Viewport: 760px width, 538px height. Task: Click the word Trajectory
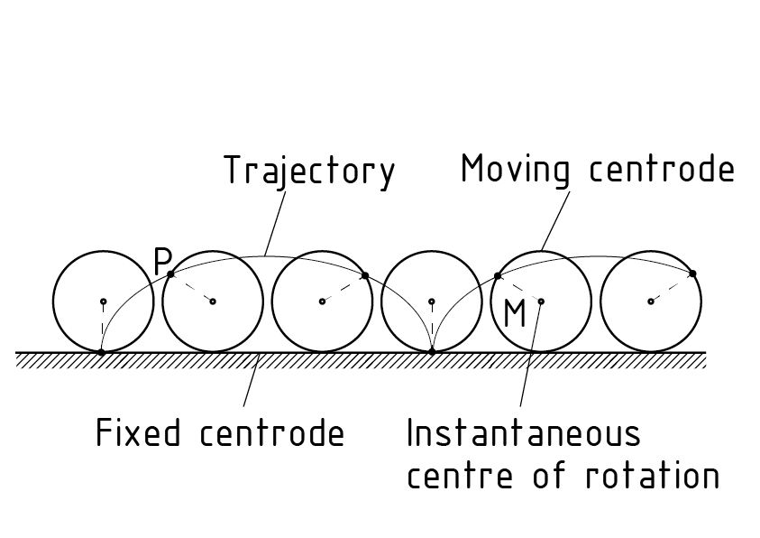pyautogui.click(x=309, y=171)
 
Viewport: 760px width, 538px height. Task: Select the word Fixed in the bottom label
pyautogui.click(x=131, y=433)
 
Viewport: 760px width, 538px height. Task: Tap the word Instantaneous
pyautogui.click(x=523, y=433)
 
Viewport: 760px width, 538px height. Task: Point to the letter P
pyautogui.click(x=162, y=262)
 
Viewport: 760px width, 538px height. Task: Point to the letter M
pyautogui.click(x=515, y=314)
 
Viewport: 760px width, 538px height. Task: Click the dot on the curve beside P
pyautogui.click(x=171, y=273)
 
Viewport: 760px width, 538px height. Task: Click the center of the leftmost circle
pyautogui.click(x=103, y=301)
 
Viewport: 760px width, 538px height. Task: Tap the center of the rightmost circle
pyautogui.click(x=650, y=301)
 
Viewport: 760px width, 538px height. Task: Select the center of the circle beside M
pyautogui.click(x=541, y=301)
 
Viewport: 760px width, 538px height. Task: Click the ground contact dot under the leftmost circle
pyautogui.click(x=101, y=351)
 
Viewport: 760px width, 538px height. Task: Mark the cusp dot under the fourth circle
pyautogui.click(x=432, y=350)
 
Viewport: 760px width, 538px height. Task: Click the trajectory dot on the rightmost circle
pyautogui.click(x=692, y=273)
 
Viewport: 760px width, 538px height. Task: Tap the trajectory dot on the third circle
pyautogui.click(x=365, y=274)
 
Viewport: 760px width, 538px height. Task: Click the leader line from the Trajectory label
pyautogui.click(x=277, y=221)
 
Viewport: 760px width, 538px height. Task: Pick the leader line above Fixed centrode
pyautogui.click(x=252, y=384)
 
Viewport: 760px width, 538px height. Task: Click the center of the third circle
pyautogui.click(x=322, y=301)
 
